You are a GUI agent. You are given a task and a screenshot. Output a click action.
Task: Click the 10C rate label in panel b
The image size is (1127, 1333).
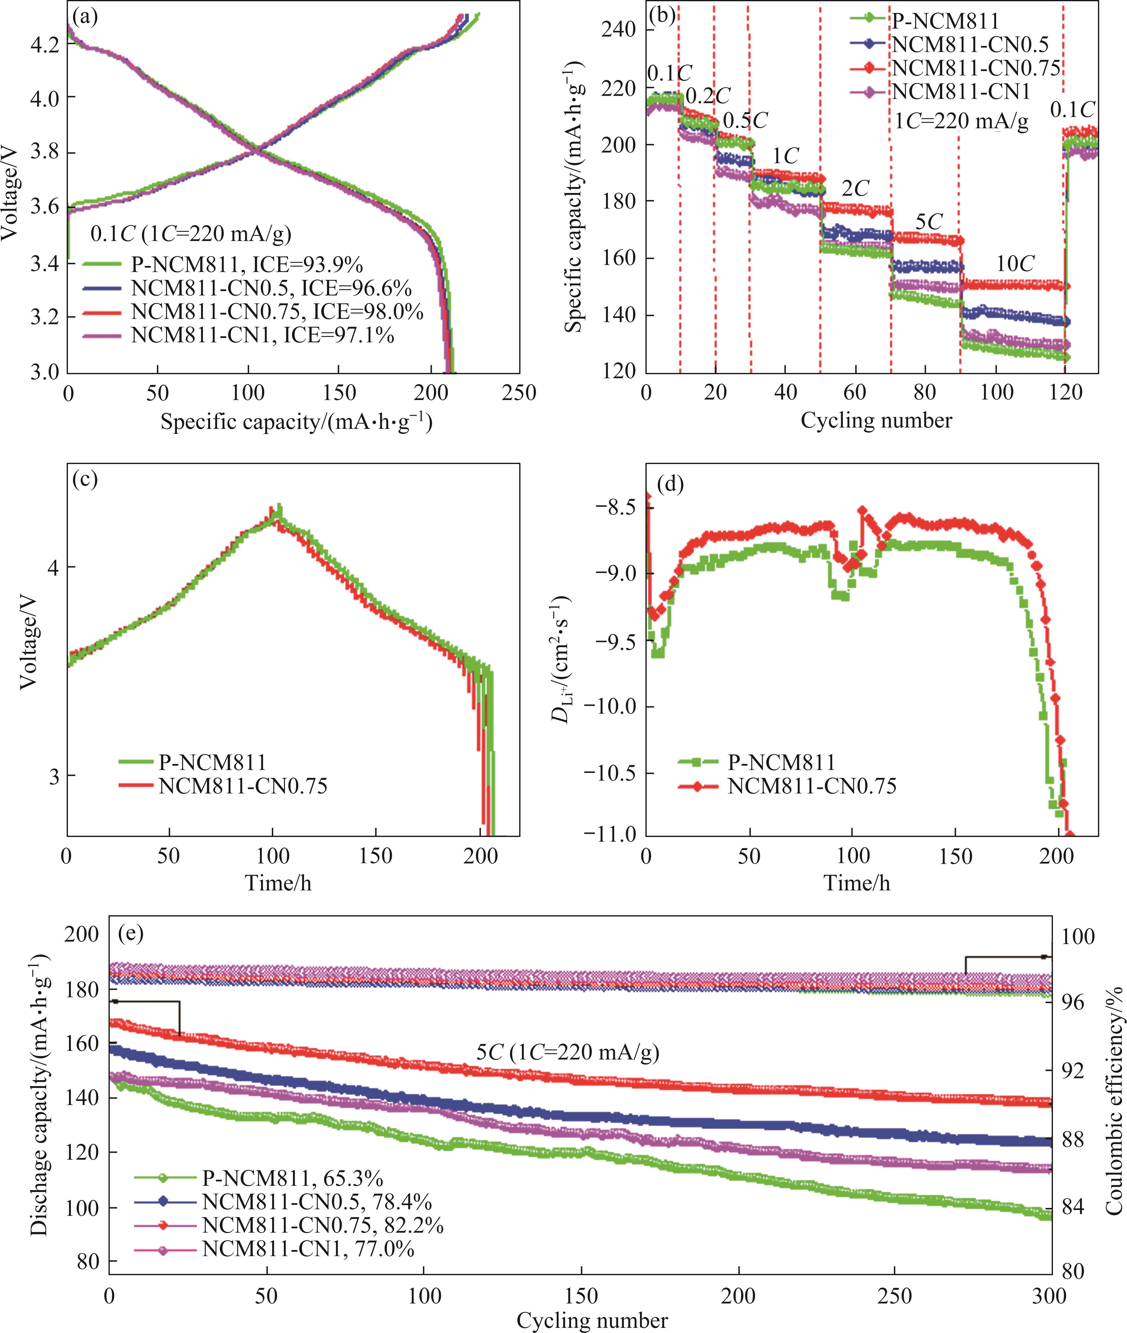pos(1015,263)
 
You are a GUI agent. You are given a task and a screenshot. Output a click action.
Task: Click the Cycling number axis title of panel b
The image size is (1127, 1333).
pos(876,420)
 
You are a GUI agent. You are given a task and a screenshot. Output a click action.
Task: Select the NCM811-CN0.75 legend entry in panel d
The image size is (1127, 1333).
pos(811,785)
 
